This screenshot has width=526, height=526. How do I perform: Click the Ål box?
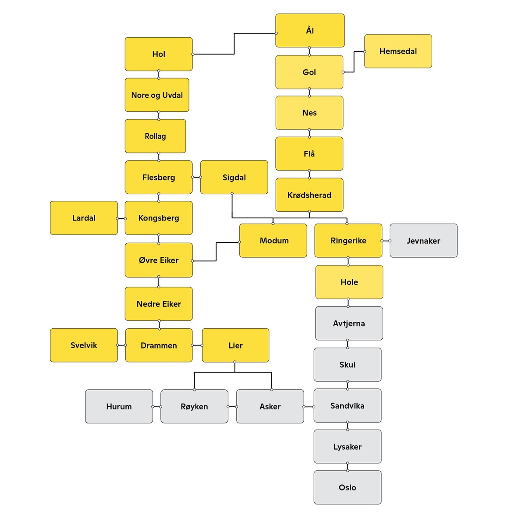309,30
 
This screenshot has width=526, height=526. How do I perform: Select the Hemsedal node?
398,51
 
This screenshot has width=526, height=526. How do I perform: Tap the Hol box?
159,54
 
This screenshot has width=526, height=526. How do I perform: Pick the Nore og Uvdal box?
157,95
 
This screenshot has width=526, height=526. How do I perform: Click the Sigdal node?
234,177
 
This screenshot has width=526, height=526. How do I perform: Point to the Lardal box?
84,217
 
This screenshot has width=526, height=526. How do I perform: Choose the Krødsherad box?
309,195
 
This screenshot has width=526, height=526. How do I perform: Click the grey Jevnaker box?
423,241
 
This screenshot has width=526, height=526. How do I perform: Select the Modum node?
273,241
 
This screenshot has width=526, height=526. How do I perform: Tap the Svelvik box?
84,345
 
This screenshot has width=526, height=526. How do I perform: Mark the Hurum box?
119,406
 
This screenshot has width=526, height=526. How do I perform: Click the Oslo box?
348,487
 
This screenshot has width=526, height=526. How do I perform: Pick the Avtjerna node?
349,323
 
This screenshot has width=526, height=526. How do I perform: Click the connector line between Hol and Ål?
234,44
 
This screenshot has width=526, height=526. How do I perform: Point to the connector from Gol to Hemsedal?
354,62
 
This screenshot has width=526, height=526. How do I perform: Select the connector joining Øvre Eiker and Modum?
216,252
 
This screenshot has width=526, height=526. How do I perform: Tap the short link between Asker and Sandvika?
309,407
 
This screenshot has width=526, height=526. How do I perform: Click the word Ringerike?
348,241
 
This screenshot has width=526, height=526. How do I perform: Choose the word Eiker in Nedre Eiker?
170,304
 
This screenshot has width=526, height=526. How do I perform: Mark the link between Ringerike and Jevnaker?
386,241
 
